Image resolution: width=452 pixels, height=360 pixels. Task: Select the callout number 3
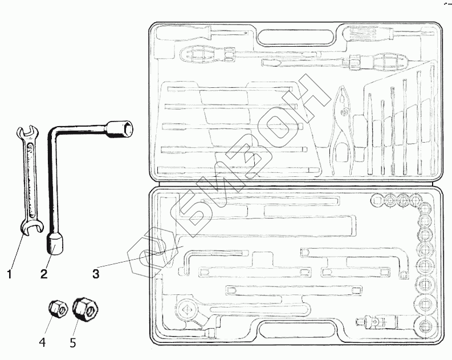(x=96, y=274)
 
